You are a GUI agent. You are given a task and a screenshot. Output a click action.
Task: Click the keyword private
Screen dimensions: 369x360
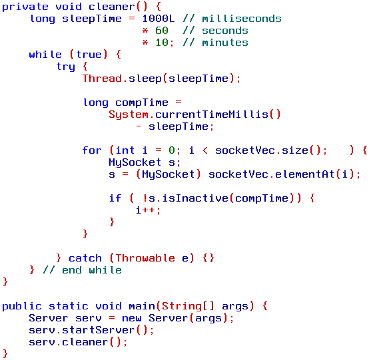click(x=25, y=7)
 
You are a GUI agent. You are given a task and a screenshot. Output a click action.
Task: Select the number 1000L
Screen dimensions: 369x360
click(x=159, y=19)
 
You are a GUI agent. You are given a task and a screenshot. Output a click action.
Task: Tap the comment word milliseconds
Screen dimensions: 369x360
click(x=242, y=19)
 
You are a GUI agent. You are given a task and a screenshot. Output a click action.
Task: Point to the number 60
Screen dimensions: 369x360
click(x=162, y=31)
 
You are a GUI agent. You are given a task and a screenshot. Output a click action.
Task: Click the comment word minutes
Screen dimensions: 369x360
click(x=225, y=43)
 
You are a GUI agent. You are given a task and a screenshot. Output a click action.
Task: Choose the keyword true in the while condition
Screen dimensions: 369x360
click(x=89, y=55)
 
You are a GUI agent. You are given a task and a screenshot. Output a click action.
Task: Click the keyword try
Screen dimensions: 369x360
click(x=66, y=67)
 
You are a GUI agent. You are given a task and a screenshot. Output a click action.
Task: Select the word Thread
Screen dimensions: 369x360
click(x=102, y=79)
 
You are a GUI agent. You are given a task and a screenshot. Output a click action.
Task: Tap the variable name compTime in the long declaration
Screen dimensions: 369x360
click(x=142, y=102)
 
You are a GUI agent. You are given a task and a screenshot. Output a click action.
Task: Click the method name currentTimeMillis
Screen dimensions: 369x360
click(x=212, y=114)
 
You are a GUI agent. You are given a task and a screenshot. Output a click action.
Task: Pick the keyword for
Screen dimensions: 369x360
click(x=92, y=150)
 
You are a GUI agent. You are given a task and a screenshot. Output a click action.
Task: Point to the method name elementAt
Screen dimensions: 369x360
click(x=304, y=174)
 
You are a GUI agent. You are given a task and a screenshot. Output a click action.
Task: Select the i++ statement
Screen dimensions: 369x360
click(x=148, y=210)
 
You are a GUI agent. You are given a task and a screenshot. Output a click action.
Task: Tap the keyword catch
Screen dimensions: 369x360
click(x=85, y=258)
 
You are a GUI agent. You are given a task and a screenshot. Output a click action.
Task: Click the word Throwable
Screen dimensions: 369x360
click(x=145, y=258)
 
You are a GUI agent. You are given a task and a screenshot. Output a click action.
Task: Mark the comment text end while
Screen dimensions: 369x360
click(x=92, y=270)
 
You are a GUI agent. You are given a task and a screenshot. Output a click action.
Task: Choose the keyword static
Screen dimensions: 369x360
click(x=69, y=306)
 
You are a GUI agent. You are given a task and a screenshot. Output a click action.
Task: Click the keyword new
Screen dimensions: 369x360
click(x=132, y=318)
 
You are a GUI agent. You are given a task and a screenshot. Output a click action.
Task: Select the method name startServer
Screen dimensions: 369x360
click(x=99, y=330)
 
